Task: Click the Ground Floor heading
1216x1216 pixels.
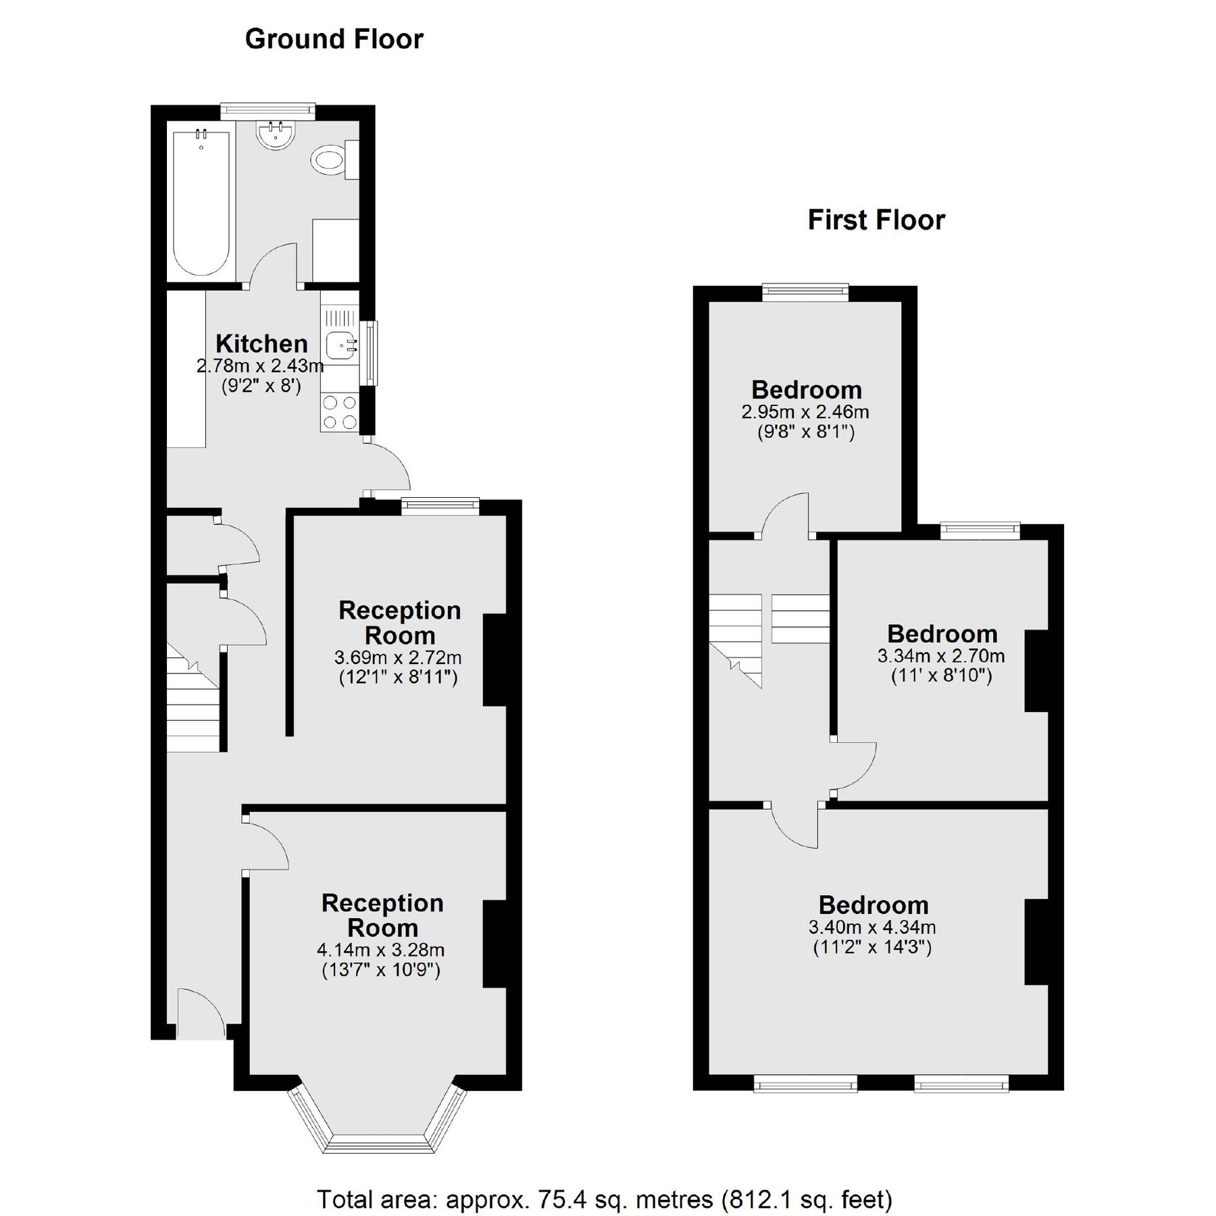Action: [x=334, y=39]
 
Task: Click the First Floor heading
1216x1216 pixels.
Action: [x=876, y=220]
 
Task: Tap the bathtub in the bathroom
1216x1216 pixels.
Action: [x=201, y=203]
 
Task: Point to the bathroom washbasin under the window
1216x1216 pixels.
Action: [x=275, y=133]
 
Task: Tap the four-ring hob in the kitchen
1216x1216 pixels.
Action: [x=339, y=412]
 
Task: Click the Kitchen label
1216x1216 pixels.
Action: [x=261, y=343]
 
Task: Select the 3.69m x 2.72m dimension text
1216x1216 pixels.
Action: [x=398, y=657]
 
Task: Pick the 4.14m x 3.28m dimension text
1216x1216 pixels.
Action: [x=380, y=950]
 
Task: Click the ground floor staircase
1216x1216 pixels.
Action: [x=193, y=709]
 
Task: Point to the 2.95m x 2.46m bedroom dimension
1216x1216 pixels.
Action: [x=805, y=411]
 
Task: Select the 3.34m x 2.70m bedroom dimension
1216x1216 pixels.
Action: [x=940, y=655]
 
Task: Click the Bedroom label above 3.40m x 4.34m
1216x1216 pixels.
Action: [x=873, y=905]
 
